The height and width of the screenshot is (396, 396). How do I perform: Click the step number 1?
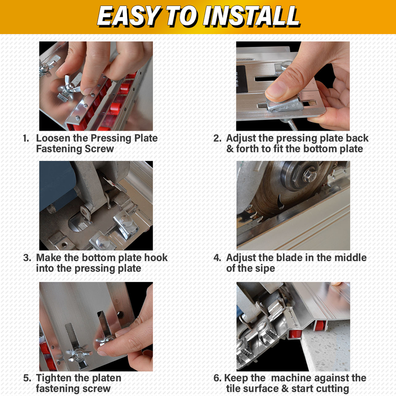[x=26, y=138]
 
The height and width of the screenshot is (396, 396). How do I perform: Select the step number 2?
[x=217, y=138]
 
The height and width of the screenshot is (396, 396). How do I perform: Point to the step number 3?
[x=27, y=258]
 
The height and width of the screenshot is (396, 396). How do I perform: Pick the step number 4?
[x=217, y=258]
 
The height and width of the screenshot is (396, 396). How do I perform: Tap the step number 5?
[x=27, y=378]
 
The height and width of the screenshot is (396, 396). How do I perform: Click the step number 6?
[x=217, y=378]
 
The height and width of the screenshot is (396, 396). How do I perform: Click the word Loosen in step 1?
[x=53, y=138]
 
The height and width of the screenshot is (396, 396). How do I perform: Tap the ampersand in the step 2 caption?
[x=230, y=149]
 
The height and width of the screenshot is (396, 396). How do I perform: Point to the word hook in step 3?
[x=156, y=258]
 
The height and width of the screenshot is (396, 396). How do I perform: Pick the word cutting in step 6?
[x=332, y=389]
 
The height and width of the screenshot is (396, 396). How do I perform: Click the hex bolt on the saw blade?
[x=310, y=174]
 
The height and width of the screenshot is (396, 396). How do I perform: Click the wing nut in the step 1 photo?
[x=68, y=87]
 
